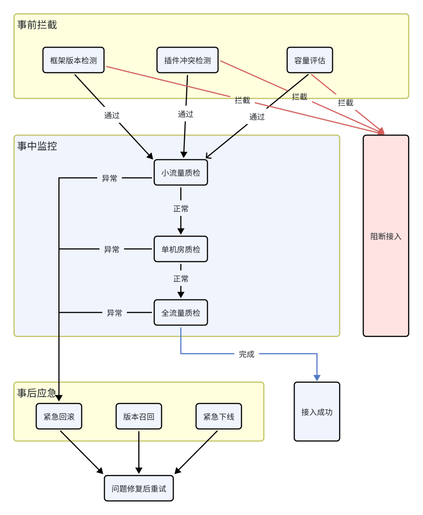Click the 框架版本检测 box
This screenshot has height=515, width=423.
[73, 60]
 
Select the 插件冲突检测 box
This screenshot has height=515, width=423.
[187, 60]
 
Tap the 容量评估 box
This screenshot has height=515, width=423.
[309, 60]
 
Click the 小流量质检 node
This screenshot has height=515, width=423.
[181, 172]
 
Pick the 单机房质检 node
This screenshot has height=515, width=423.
[181, 249]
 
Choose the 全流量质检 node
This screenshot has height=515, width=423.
[181, 313]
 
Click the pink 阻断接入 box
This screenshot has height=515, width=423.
[386, 236]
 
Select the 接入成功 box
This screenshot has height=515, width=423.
[316, 412]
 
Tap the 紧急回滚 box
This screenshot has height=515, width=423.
[59, 416]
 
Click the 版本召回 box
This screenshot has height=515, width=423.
[139, 416]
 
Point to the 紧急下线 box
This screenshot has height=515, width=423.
[219, 416]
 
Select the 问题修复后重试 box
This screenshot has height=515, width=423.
[139, 488]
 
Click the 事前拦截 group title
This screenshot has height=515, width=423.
[37, 25]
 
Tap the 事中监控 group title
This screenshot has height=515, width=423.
[37, 146]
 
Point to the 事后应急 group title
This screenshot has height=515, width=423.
[36, 393]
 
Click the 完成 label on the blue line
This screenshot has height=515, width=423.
[246, 354]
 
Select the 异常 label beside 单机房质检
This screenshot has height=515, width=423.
[112, 249]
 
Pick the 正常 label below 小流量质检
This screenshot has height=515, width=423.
[181, 209]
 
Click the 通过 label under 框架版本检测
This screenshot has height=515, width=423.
[112, 115]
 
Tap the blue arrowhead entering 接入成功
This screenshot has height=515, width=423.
[317, 378]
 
